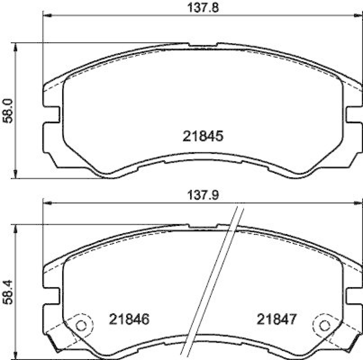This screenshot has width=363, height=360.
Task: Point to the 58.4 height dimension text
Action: [x=7, y=292]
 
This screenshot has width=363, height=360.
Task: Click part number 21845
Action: [x=203, y=136]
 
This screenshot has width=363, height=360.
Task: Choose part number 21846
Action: [x=129, y=319]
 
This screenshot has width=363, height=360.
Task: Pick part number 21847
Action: [x=277, y=319]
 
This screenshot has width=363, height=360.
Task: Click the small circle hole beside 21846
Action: [x=81, y=325]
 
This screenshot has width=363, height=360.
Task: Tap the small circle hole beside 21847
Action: [x=324, y=325]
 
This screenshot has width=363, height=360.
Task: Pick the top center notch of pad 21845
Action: [x=203, y=45]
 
